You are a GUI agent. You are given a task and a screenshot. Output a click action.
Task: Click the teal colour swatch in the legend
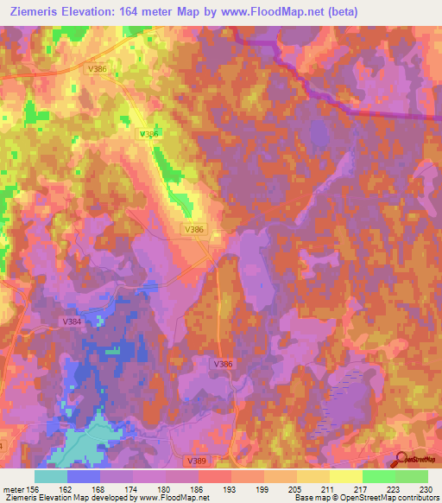click(51, 475)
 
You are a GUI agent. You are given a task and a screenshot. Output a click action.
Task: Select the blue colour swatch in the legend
click(84, 475)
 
